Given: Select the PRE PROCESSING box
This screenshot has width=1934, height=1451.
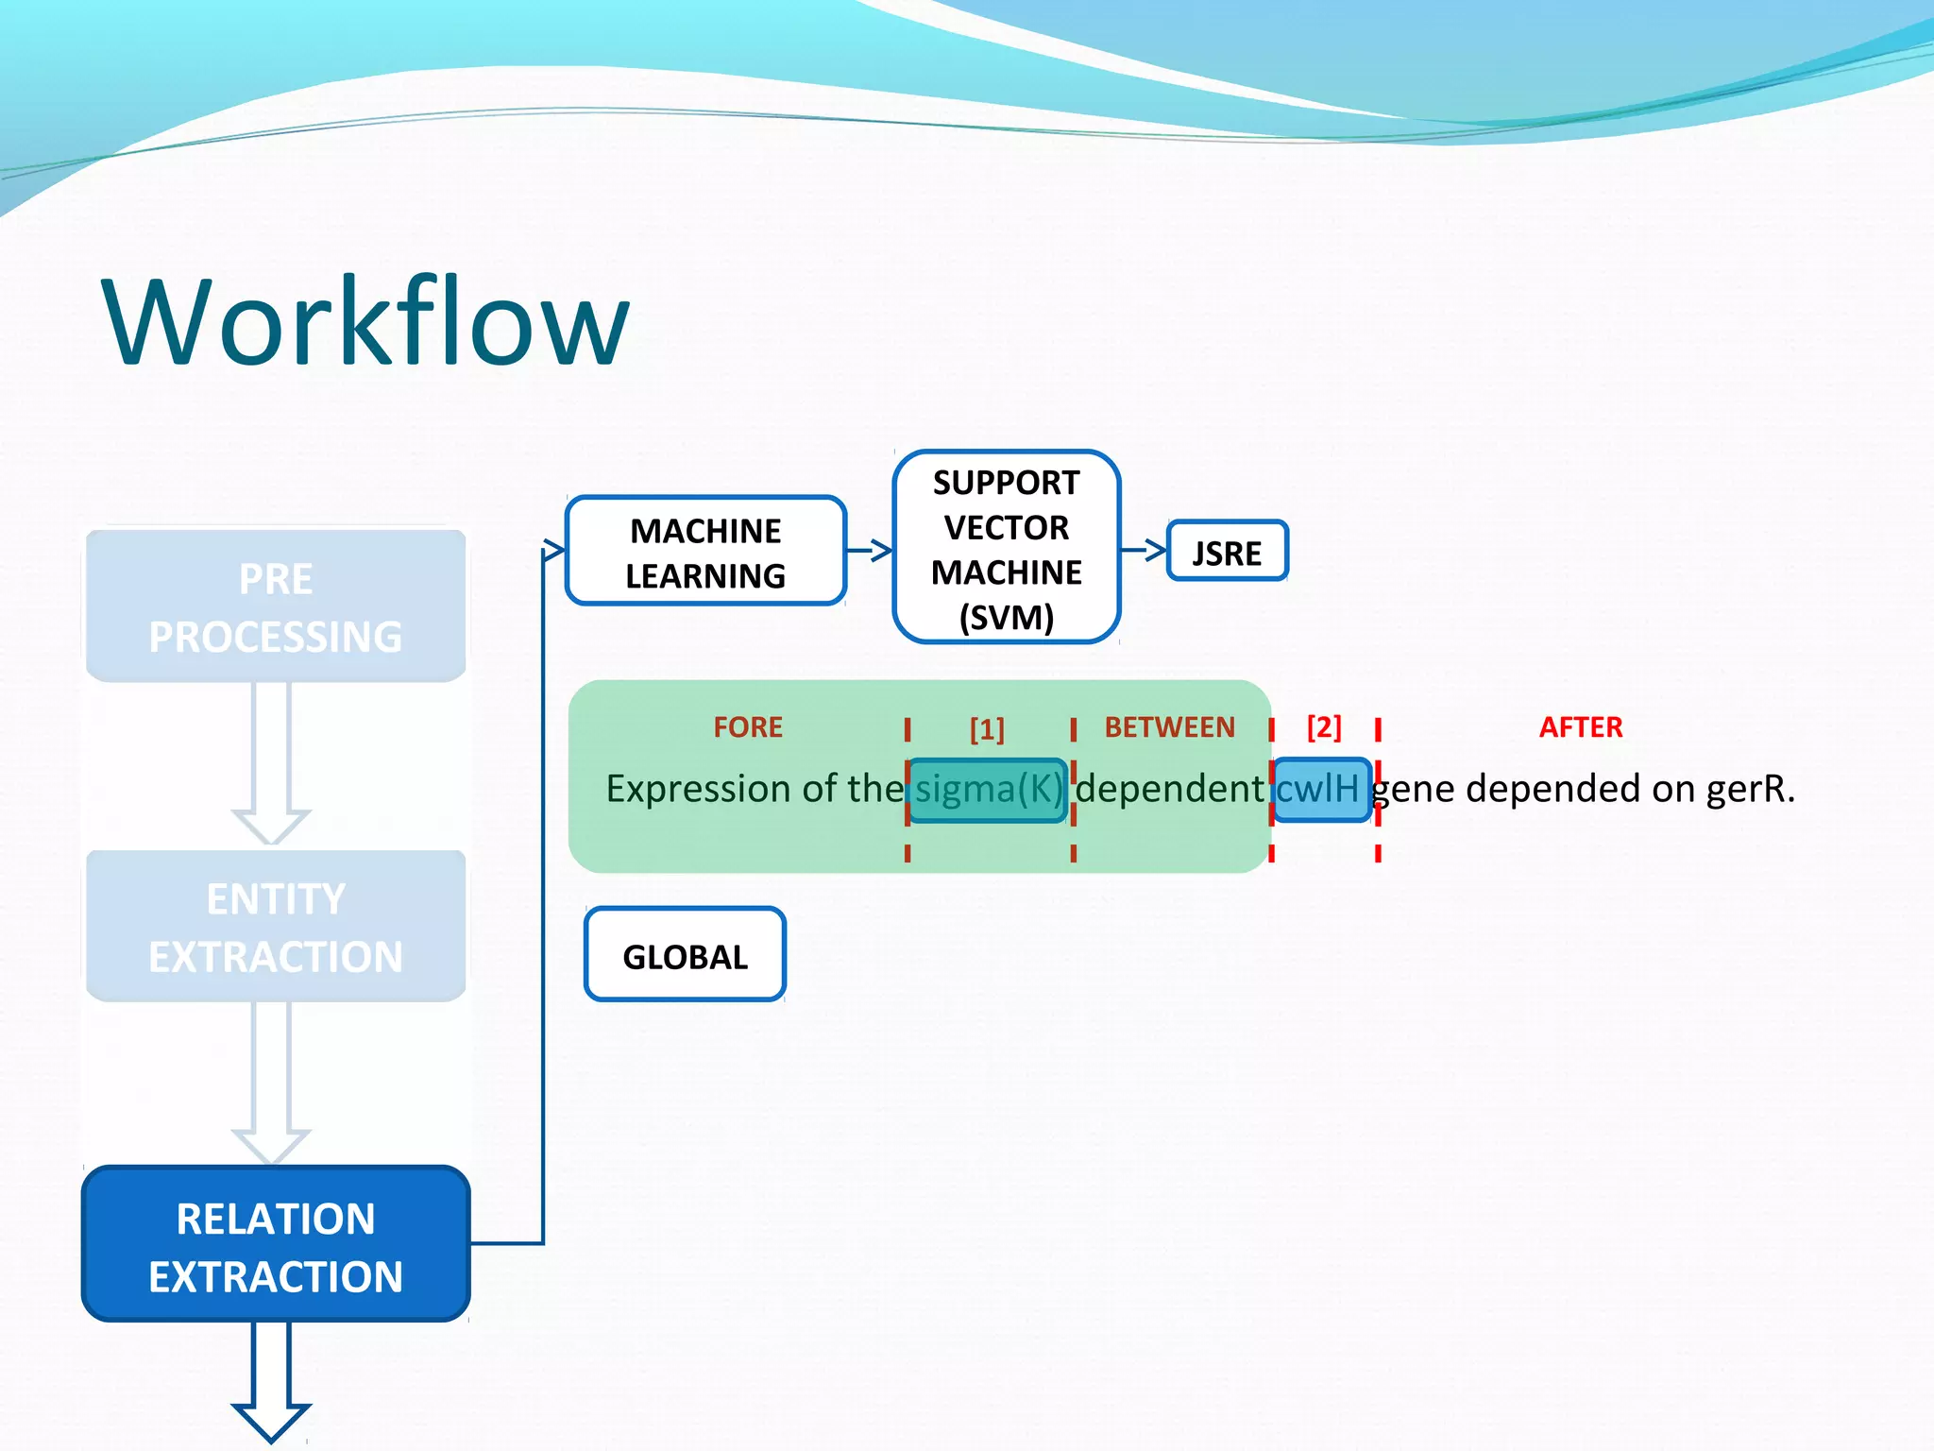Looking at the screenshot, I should tap(276, 606).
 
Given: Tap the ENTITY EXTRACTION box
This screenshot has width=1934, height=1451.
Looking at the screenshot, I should tap(276, 927).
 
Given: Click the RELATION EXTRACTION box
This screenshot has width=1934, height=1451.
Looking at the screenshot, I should tap(276, 1245).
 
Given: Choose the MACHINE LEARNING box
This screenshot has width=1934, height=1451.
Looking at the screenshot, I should tap(705, 552).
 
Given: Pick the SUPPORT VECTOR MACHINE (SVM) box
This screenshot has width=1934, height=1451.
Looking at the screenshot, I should tap(1006, 548).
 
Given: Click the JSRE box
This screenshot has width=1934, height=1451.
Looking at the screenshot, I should tap(1227, 552).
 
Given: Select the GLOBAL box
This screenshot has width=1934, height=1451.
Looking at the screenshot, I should tap(685, 955).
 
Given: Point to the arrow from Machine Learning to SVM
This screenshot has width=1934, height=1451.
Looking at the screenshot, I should tap(870, 550).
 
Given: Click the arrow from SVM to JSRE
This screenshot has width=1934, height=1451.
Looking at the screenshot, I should tap(1144, 549).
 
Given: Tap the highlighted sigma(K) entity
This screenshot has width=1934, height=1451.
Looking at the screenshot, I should tap(988, 790).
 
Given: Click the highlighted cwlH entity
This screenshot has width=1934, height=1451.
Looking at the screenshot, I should tap(1320, 790).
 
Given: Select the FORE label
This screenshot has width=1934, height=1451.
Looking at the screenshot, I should tap(748, 727).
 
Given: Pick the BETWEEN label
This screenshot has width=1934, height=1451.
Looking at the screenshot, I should tap(1169, 727).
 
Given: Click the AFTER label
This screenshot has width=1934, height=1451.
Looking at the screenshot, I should tap(1580, 727).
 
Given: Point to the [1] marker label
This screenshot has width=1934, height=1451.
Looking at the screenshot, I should tap(987, 729).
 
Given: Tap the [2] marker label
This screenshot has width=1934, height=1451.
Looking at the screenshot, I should tap(1323, 727).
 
